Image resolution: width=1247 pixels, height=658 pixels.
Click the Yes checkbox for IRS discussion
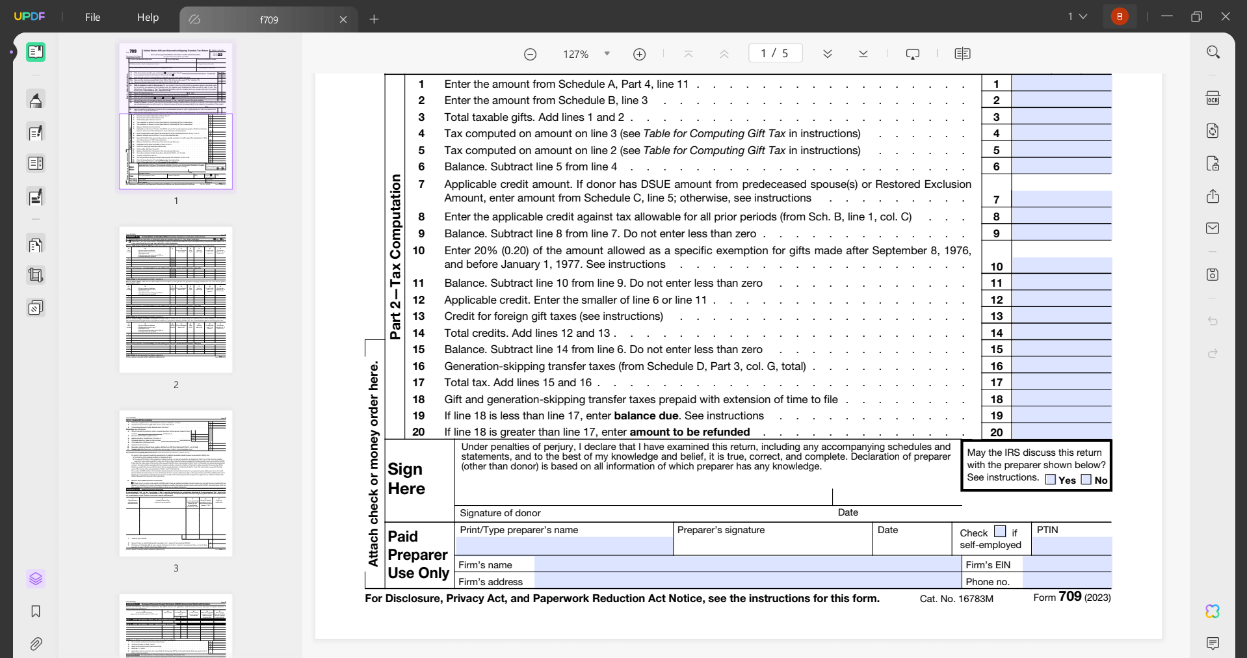coord(1050,479)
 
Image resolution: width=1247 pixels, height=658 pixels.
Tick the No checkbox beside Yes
coord(1086,479)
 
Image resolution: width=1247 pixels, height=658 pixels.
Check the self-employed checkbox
coord(1000,531)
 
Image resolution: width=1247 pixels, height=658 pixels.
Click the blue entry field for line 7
coord(1061,199)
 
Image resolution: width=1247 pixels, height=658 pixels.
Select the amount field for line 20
coord(1061,432)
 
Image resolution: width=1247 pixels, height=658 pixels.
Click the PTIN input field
coord(1071,546)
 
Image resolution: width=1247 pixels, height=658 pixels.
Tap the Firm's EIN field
coord(1067,564)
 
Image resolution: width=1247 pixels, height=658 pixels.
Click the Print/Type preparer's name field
coord(564,546)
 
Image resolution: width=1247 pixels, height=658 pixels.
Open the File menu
coord(92,18)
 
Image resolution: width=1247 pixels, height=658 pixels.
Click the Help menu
coord(148,18)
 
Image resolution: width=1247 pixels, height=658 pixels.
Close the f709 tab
coord(343,20)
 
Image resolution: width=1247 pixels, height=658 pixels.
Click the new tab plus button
coord(374,20)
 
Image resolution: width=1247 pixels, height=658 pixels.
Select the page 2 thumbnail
coord(176,300)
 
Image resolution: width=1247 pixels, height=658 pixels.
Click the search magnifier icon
coord(1213,52)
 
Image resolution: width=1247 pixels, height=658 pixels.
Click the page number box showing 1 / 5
coord(775,53)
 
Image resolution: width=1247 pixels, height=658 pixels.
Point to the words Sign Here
coord(406,479)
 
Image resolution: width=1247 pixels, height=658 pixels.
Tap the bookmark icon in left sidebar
coord(36,611)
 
